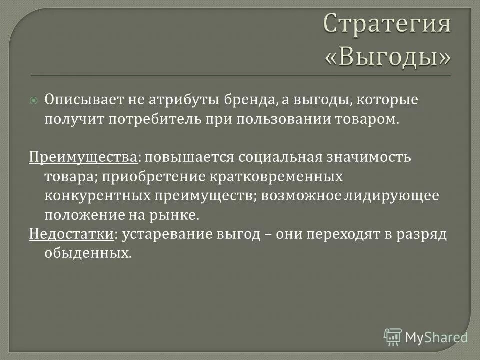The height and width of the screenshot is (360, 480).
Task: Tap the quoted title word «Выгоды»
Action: [x=387, y=57]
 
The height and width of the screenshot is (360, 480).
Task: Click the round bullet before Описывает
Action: [x=34, y=100]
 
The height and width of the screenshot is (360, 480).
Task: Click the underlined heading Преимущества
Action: [x=83, y=157]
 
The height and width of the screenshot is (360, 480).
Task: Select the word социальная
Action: [x=290, y=157]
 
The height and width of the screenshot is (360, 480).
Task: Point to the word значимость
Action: [x=379, y=157]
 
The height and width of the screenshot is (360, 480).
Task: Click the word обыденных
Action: [x=88, y=253]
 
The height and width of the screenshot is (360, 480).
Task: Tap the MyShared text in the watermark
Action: [x=436, y=337]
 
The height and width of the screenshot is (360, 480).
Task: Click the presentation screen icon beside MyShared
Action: [x=393, y=337]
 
